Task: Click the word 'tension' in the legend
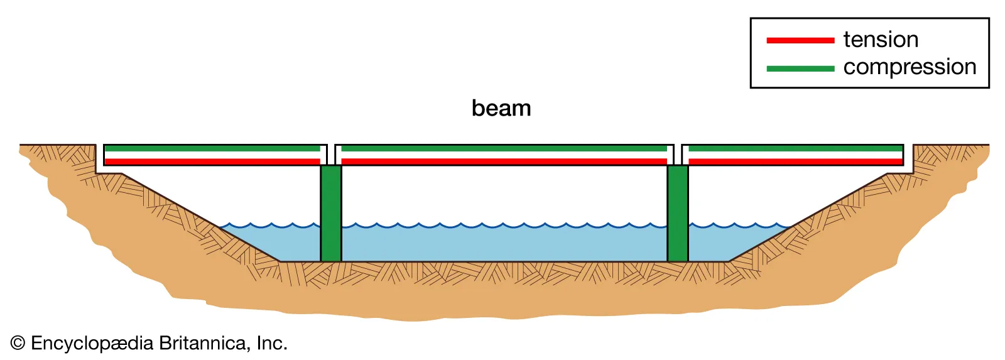tap(881, 40)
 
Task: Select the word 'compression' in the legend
tap(910, 67)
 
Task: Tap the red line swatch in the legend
tap(800, 40)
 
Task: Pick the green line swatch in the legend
tap(800, 68)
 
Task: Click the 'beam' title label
tap(501, 108)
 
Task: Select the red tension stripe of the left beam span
tap(212, 161)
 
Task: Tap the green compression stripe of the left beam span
tap(212, 149)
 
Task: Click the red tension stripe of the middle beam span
tap(504, 161)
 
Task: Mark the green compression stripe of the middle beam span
tap(504, 149)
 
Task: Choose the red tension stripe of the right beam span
tap(795, 161)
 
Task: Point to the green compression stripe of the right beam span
tap(795, 149)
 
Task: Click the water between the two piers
tap(504, 244)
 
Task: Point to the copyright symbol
tap(18, 343)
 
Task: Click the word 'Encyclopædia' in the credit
tap(92, 344)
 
